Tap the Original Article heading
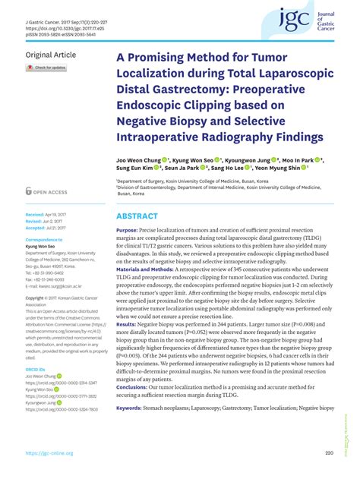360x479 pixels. coord(51,55)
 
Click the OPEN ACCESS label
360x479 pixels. coord(50,192)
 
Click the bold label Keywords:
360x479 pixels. coord(129,408)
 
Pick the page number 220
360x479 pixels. coord(329,453)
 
